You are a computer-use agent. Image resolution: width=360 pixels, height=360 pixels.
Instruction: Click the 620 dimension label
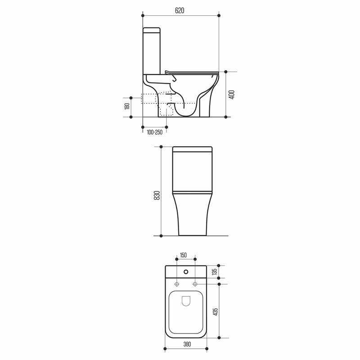[180, 10]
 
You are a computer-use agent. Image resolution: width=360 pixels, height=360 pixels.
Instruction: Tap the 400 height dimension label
[232, 94]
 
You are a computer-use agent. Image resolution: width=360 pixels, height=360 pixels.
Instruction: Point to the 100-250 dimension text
[154, 132]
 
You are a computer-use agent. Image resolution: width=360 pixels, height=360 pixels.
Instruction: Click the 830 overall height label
[157, 195]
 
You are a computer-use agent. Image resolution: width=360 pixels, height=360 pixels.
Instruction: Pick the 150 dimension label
[183, 255]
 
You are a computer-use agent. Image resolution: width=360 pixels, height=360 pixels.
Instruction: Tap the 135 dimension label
[215, 272]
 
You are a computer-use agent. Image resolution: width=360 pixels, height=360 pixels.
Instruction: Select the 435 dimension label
[216, 312]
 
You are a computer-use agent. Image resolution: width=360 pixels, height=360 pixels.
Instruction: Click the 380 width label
[187, 344]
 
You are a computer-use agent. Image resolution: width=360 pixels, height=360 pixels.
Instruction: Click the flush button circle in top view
[186, 272]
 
